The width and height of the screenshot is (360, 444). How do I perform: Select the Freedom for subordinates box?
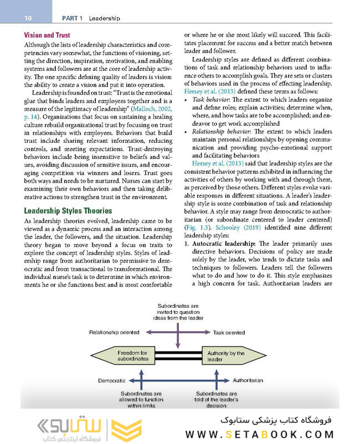click(x=133, y=356)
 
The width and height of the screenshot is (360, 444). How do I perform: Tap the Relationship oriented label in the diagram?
click(x=114, y=332)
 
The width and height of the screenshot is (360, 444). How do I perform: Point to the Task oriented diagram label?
click(x=229, y=332)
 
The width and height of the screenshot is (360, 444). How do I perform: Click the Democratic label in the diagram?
click(x=111, y=381)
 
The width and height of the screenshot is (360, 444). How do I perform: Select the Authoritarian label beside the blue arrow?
click(x=248, y=381)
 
